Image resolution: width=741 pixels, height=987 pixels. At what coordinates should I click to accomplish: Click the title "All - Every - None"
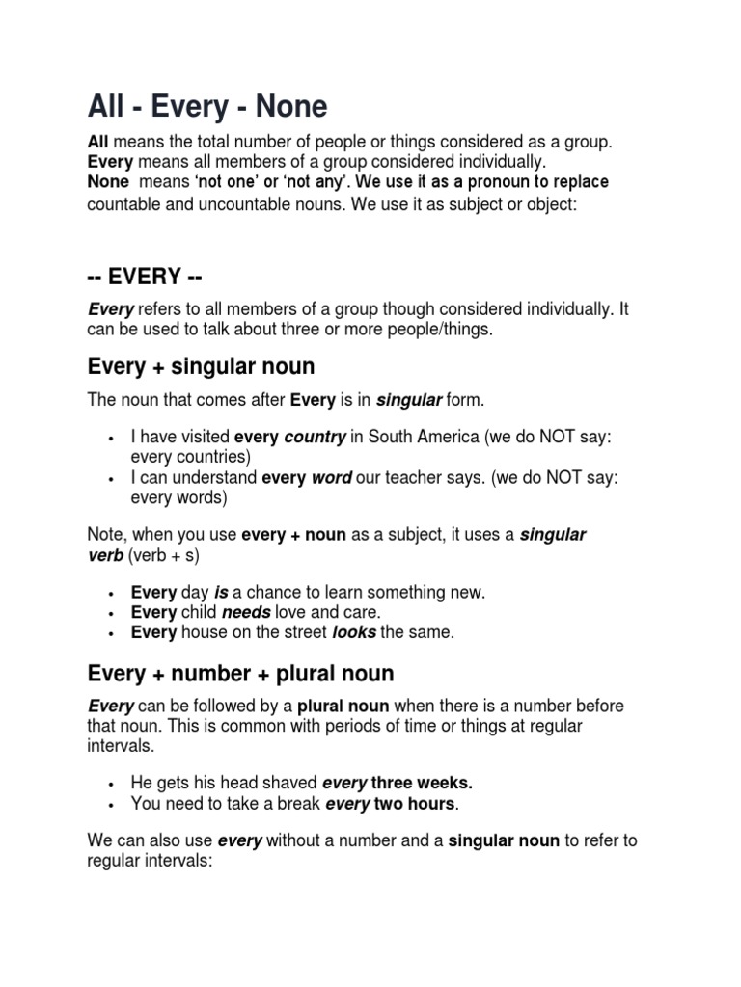(207, 105)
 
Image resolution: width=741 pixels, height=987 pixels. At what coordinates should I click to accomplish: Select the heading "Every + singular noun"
(201, 366)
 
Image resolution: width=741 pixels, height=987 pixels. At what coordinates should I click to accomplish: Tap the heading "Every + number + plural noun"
(240, 672)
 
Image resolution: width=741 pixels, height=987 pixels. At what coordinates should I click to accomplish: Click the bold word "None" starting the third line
(107, 182)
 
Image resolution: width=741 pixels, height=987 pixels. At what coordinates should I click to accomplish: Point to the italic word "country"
(315, 437)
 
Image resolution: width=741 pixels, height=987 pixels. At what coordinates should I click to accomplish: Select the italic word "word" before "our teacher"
(331, 477)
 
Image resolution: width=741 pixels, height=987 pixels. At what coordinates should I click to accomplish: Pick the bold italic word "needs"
(245, 612)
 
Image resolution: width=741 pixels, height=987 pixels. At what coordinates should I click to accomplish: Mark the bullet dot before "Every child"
(113, 613)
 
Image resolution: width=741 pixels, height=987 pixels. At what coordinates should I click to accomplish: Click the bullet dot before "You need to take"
(113, 803)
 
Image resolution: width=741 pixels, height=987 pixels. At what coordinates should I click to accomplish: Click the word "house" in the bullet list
(203, 632)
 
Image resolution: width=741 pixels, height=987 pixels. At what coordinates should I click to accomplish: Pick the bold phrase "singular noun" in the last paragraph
(504, 840)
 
